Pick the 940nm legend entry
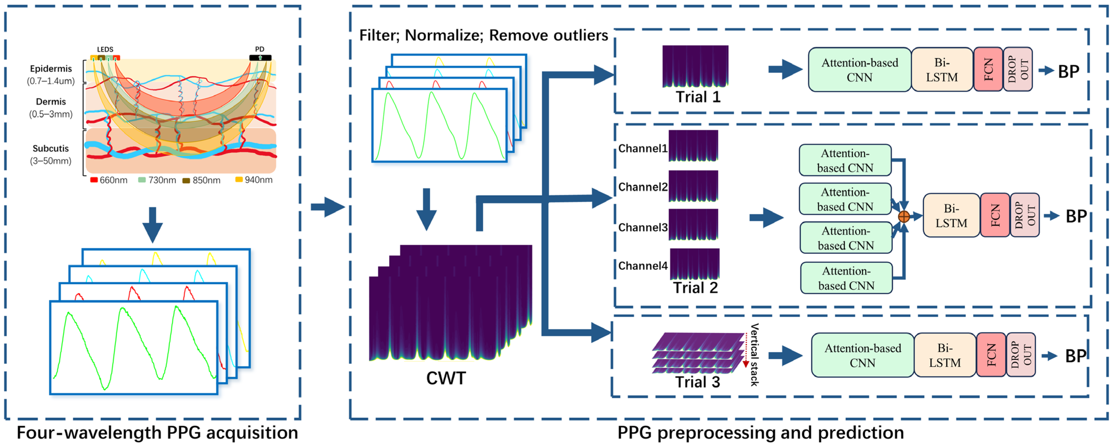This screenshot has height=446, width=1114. (254, 179)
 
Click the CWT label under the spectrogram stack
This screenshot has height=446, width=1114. (446, 378)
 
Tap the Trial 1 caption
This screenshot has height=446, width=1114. (698, 97)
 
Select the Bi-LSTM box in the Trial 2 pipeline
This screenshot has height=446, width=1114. (951, 215)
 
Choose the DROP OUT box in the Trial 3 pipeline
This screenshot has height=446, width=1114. (1021, 355)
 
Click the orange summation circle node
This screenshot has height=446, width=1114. (903, 216)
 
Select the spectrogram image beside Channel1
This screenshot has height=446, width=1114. (693, 146)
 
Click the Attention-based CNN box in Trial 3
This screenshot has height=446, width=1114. (862, 355)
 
